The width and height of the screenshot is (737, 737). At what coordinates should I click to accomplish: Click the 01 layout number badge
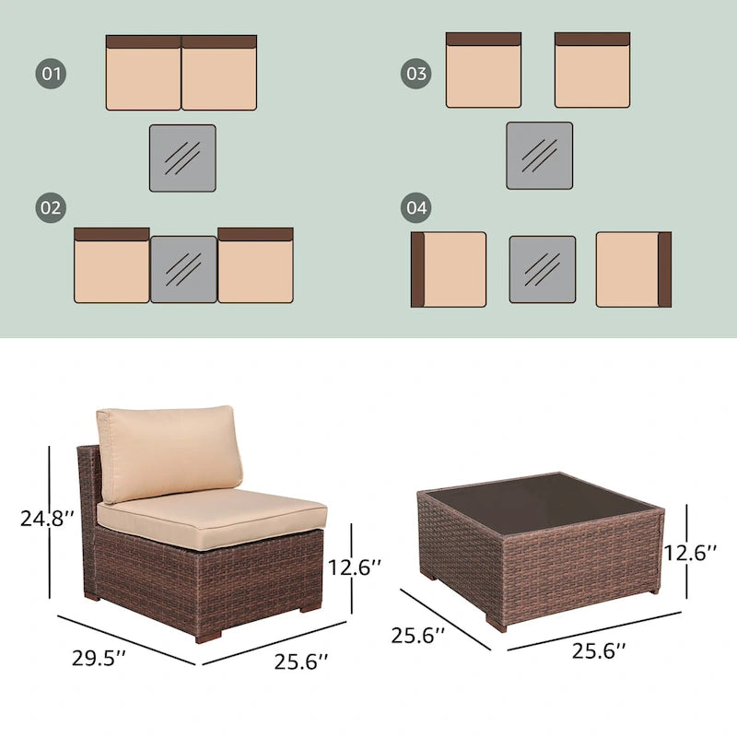(52, 74)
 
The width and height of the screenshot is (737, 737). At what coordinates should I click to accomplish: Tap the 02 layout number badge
(52, 208)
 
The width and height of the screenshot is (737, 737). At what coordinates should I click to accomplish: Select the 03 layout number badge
(416, 74)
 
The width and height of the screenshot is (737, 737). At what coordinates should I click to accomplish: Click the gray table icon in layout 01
(182, 158)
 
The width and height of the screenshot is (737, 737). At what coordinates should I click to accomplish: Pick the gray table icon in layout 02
(183, 269)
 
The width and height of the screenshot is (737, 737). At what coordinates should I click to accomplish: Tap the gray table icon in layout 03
(539, 156)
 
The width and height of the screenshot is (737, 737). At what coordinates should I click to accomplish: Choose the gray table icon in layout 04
(543, 269)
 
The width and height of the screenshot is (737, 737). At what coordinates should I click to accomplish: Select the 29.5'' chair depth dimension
(99, 658)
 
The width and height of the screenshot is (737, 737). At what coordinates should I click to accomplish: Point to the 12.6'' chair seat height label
(354, 567)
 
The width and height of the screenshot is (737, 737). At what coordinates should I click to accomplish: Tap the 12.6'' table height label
(691, 553)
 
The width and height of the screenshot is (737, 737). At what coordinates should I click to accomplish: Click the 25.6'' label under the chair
(299, 661)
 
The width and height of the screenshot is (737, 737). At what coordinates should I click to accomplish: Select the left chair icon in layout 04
(448, 269)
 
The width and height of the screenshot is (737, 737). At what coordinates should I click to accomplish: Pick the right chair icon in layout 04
(634, 269)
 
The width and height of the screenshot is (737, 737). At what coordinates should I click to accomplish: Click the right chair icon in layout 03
(592, 71)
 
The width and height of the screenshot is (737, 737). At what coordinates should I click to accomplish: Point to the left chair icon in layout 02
(111, 265)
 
